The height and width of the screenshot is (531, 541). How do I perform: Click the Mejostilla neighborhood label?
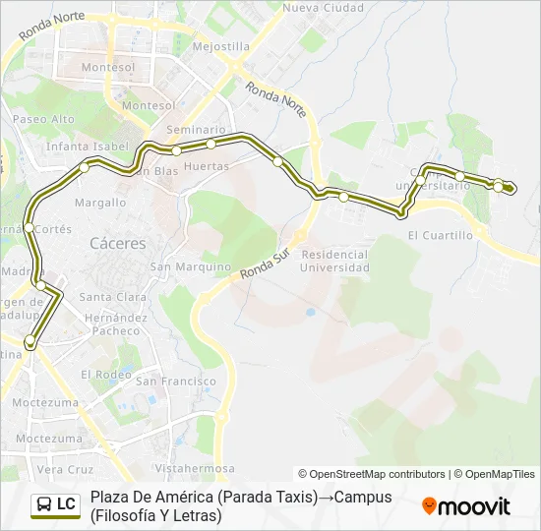point(220,46)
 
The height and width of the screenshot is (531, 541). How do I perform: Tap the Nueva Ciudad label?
point(310,7)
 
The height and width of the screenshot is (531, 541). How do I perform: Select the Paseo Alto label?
point(43,119)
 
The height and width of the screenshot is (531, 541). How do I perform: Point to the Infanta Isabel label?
point(88,146)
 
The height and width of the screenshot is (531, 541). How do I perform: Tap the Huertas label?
point(207,166)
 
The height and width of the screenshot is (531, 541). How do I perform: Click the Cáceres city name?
point(117,243)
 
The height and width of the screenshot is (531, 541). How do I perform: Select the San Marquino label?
point(190,266)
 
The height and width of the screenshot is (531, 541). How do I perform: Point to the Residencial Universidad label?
point(334,261)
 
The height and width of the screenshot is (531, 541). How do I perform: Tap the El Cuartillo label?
point(440,235)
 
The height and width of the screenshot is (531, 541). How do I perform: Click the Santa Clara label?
point(113,297)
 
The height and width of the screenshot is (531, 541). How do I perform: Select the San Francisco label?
point(176,381)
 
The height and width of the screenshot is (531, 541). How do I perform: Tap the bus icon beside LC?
point(45,504)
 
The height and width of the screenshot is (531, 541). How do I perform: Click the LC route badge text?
point(66,504)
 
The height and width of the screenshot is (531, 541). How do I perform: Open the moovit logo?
point(466,506)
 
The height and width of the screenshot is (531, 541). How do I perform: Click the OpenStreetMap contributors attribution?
point(372,474)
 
